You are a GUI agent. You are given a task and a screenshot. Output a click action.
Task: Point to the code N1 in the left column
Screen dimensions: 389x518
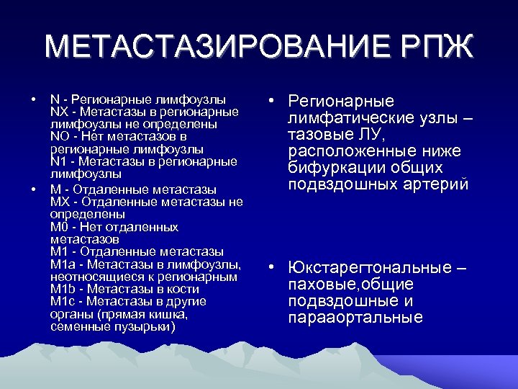(58, 161)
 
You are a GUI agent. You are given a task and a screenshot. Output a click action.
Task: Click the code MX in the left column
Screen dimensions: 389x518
(59, 202)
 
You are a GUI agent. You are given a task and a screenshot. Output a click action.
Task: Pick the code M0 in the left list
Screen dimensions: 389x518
(58, 227)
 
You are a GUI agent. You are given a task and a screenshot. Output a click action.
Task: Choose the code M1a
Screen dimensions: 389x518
(62, 264)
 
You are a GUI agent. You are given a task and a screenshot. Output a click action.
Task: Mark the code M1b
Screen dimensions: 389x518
(62, 289)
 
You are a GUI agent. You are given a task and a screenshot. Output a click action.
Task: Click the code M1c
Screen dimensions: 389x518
(62, 301)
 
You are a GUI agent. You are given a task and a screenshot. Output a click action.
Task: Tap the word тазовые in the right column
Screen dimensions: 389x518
(316, 135)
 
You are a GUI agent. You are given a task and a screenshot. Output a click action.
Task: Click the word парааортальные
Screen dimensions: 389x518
(355, 318)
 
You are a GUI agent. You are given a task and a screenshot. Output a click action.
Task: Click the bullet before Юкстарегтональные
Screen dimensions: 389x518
(268, 268)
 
